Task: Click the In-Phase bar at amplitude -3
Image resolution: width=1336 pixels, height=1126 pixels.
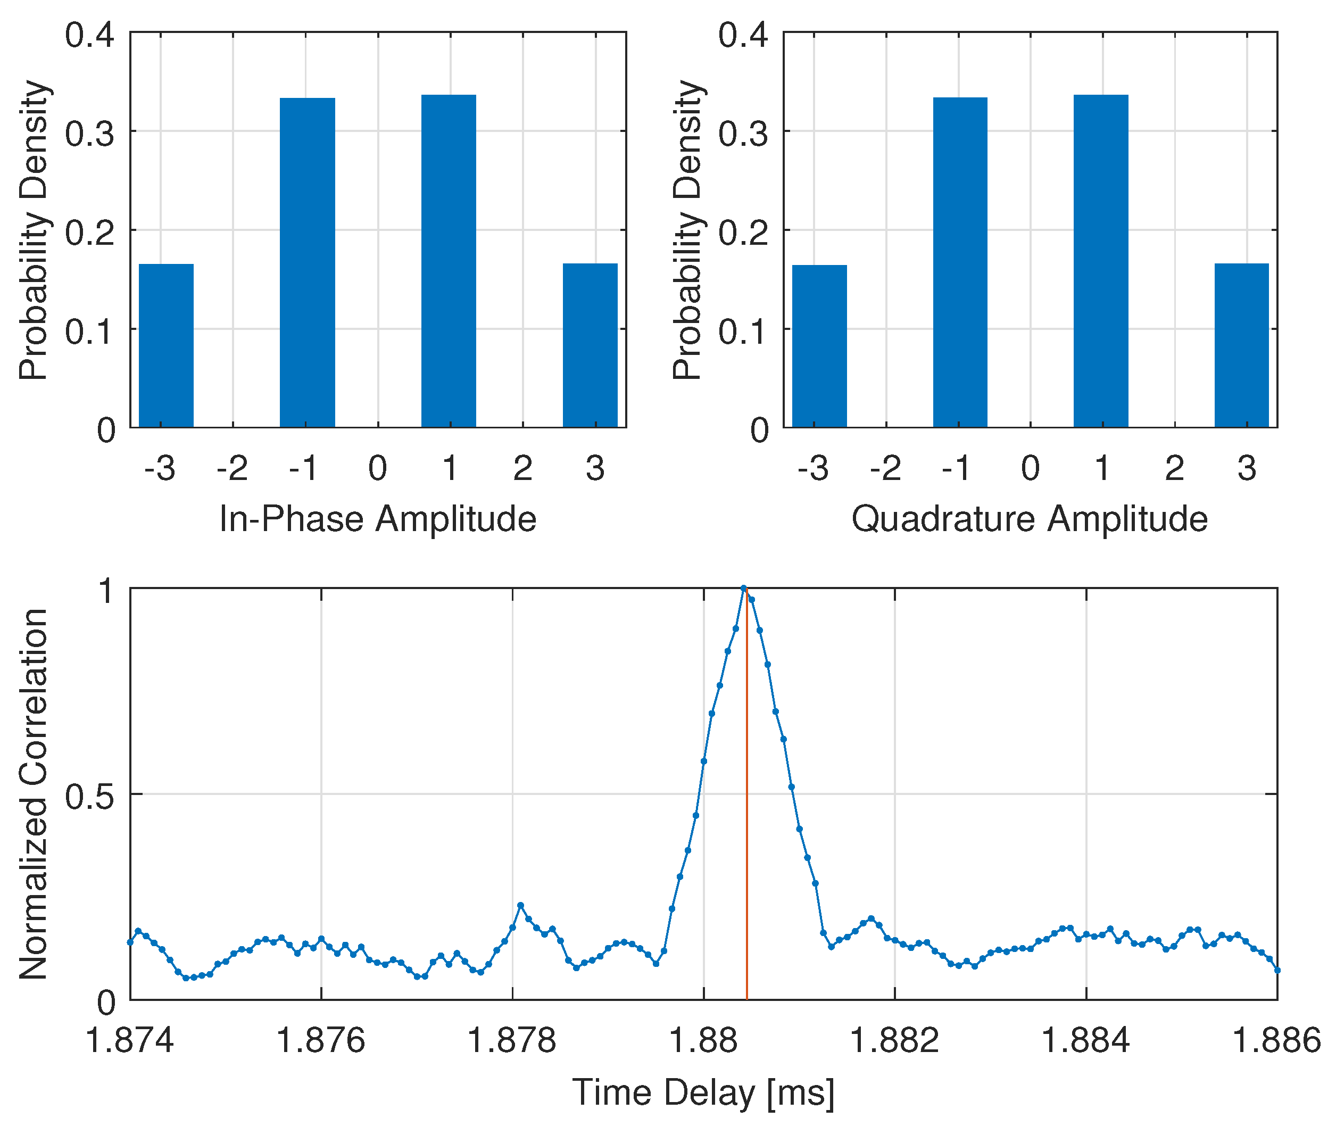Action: click(x=166, y=345)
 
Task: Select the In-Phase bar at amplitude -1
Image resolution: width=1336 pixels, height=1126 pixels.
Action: click(x=307, y=262)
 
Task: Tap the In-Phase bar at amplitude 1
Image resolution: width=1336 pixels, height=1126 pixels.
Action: click(x=449, y=261)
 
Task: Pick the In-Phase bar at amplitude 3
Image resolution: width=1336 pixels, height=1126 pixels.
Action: click(x=590, y=345)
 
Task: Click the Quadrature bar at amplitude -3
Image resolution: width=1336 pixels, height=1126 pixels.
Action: click(x=819, y=346)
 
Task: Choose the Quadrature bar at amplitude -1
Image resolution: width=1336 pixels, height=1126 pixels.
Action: click(x=960, y=262)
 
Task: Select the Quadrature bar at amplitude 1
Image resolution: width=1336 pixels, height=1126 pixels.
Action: click(x=1101, y=261)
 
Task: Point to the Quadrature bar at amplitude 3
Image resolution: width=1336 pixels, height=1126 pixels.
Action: click(x=1241, y=345)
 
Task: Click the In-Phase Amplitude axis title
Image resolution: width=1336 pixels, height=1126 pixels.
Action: click(x=378, y=518)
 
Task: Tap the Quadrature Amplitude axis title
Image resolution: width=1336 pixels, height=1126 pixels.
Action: click(x=1030, y=518)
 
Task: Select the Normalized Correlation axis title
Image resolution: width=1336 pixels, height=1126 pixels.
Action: click(x=33, y=794)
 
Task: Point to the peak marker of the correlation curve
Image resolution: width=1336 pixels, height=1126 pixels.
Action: click(x=744, y=588)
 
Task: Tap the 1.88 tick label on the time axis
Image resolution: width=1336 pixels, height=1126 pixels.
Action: click(x=703, y=1041)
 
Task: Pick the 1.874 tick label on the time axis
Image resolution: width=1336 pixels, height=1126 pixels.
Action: click(x=130, y=1041)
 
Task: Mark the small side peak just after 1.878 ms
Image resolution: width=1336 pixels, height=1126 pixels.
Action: click(x=520, y=905)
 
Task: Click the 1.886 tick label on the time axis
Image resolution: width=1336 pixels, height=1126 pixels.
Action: click(x=1276, y=1041)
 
